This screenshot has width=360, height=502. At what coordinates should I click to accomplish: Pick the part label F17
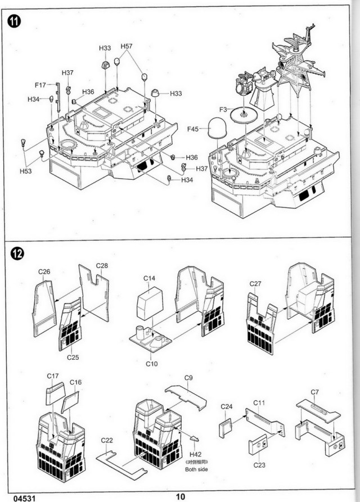pos(39,85)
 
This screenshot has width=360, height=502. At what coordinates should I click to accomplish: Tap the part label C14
pos(149,278)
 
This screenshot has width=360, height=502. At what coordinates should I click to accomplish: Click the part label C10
pos(151,363)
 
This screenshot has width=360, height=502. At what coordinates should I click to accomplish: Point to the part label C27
pos(256,284)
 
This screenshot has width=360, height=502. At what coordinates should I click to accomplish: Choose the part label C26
pos(44,272)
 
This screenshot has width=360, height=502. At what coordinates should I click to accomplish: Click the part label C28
pos(102,265)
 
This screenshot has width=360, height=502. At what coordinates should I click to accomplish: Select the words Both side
pos(195,468)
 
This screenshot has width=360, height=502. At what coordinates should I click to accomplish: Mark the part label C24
pos(227,406)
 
